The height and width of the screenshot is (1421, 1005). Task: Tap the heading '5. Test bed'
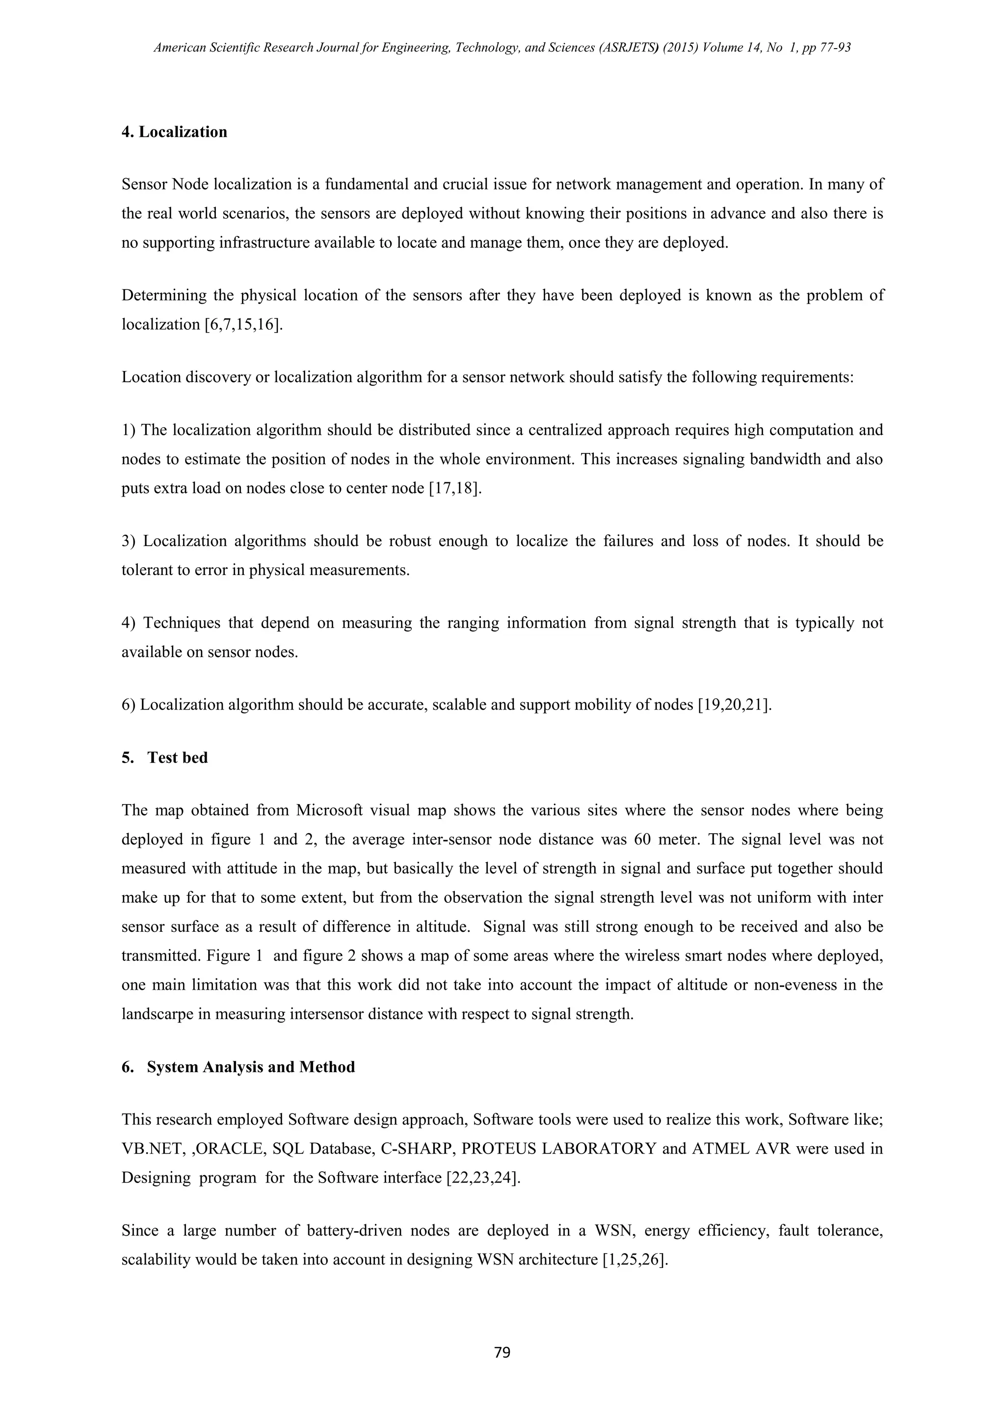(164, 758)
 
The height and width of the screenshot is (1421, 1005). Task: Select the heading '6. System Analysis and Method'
(238, 1067)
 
